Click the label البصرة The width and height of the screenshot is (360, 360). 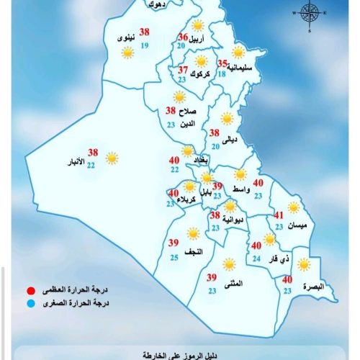point(313,286)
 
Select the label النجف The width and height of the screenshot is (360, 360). point(194,251)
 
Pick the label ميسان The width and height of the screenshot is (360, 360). point(297,226)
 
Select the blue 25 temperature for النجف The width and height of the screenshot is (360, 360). point(174,257)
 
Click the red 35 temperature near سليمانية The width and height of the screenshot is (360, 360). point(222,63)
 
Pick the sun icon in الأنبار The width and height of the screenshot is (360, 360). point(112,157)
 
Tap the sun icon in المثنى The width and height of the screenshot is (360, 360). point(229,264)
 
